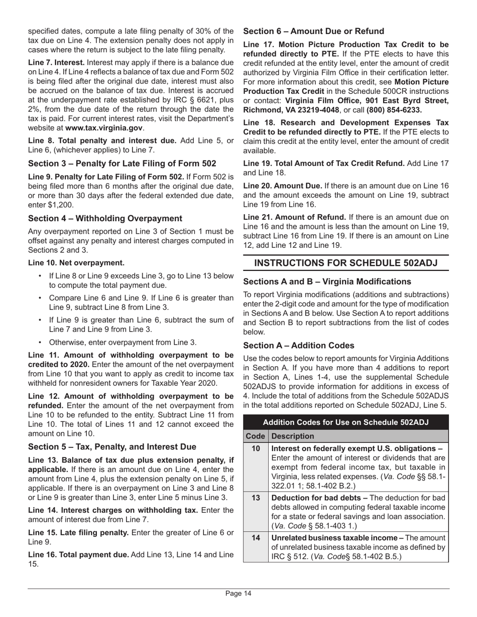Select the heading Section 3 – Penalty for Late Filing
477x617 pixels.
(122, 164)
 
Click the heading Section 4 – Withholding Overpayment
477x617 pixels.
(105, 218)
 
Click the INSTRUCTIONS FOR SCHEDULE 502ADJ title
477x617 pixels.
(346, 263)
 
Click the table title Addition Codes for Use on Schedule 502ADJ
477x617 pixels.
(346, 421)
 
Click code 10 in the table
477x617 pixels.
(256, 448)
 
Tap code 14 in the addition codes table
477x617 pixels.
(256, 537)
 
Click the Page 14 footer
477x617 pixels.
(238, 594)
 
